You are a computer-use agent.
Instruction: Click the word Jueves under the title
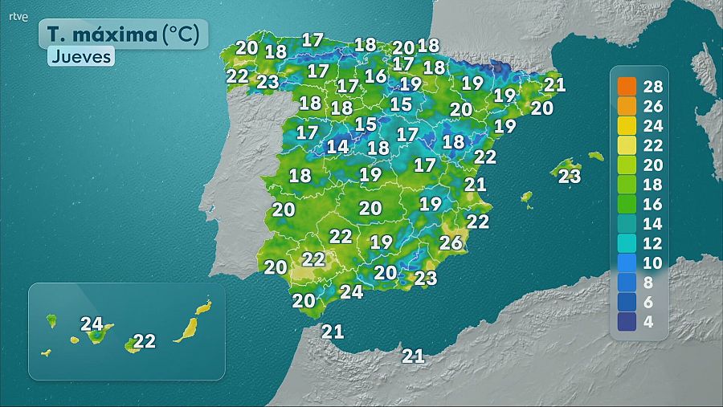[80, 57]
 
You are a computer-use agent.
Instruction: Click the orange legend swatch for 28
[627, 87]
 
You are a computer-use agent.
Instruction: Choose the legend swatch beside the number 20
[627, 165]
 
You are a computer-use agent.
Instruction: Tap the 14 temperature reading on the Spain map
[337, 147]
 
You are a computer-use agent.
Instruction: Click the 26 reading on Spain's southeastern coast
[451, 242]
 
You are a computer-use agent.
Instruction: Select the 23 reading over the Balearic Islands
[569, 177]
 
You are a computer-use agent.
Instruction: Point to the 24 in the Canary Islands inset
[92, 324]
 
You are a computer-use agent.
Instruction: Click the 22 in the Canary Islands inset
[144, 341]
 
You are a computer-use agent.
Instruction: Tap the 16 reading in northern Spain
[375, 76]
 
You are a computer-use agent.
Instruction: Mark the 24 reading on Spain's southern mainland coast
[351, 292]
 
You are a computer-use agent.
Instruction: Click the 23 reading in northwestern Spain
[268, 81]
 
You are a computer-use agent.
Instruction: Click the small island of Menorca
[595, 156]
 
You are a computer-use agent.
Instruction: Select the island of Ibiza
[527, 197]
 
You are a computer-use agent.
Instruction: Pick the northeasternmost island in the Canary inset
[204, 307]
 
